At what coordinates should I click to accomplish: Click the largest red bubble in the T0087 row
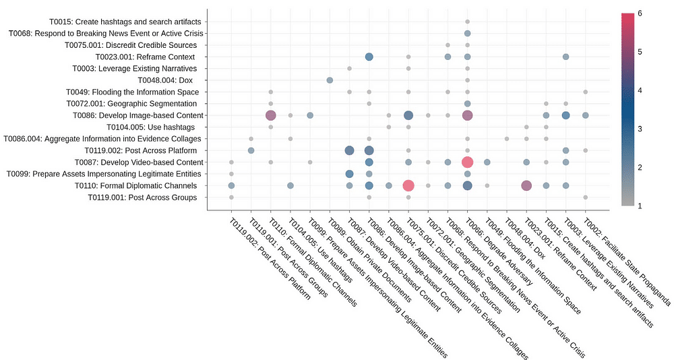pos(467,162)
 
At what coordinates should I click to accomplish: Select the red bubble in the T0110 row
pos(408,185)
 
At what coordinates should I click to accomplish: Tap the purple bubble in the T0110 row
pos(526,185)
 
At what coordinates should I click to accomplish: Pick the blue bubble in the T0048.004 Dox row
pos(330,80)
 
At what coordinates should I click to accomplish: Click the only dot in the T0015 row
pos(467,22)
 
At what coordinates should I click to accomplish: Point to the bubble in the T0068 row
pos(467,33)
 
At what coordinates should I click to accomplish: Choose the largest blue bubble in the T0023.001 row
pos(369,57)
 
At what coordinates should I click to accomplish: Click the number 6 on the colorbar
pos(640,13)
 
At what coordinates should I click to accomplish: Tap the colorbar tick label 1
pos(640,206)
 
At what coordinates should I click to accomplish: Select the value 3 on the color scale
pos(640,128)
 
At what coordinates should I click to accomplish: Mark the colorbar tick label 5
pos(640,51)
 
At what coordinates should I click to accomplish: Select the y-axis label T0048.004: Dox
pos(168,80)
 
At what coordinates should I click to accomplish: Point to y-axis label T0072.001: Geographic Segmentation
pos(131,103)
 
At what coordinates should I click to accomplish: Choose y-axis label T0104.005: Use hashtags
pos(150,127)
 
